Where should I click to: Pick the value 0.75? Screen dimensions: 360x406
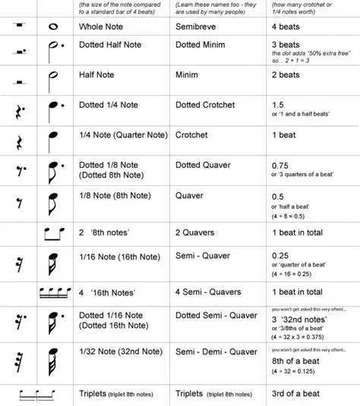point(281,164)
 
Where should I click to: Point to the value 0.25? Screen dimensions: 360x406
point(281,257)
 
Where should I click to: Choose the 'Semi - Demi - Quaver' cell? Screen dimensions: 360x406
point(216,351)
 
